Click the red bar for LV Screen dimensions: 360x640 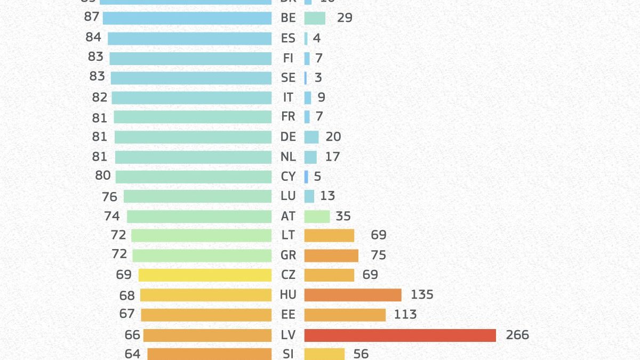pyautogui.click(x=400, y=335)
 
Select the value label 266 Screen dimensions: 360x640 pyautogui.click(x=517, y=335)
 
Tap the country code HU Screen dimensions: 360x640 pyautogui.click(x=288, y=295)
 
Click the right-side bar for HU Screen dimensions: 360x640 pyautogui.click(x=353, y=295)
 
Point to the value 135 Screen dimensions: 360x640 pyautogui.click(x=422, y=294)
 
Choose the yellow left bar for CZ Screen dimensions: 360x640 pyautogui.click(x=205, y=275)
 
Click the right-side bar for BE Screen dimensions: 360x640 pyautogui.click(x=315, y=18)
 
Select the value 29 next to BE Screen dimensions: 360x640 pyautogui.click(x=345, y=18)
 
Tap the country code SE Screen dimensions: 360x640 pyautogui.click(x=288, y=78)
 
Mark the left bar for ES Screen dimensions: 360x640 pyautogui.click(x=189, y=38)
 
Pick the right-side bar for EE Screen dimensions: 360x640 pyautogui.click(x=345, y=315)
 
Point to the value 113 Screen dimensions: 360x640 pyautogui.click(x=405, y=315)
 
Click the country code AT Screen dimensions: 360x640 pyautogui.click(x=288, y=217)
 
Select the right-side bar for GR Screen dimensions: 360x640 pyautogui.click(x=331, y=255)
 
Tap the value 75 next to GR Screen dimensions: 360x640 pyautogui.click(x=378, y=255)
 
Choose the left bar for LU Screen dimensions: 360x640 pyautogui.click(x=197, y=196)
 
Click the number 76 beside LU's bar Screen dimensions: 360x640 pyautogui.click(x=109, y=197)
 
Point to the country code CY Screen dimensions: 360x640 pyautogui.click(x=288, y=177)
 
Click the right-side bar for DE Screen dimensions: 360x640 pyautogui.click(x=311, y=137)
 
